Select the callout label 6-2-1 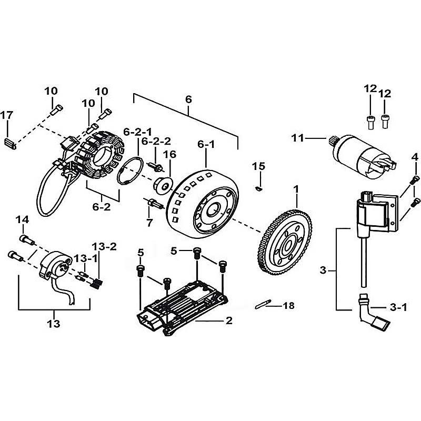pyautogui.click(x=137, y=131)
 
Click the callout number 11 pyautogui.click(x=298, y=138)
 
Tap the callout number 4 pyautogui.click(x=415, y=157)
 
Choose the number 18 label pyautogui.click(x=289, y=305)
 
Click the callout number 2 pyautogui.click(x=229, y=320)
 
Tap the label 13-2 pyautogui.click(x=102, y=246)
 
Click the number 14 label pyautogui.click(x=22, y=219)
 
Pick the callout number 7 pyautogui.click(x=149, y=223)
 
